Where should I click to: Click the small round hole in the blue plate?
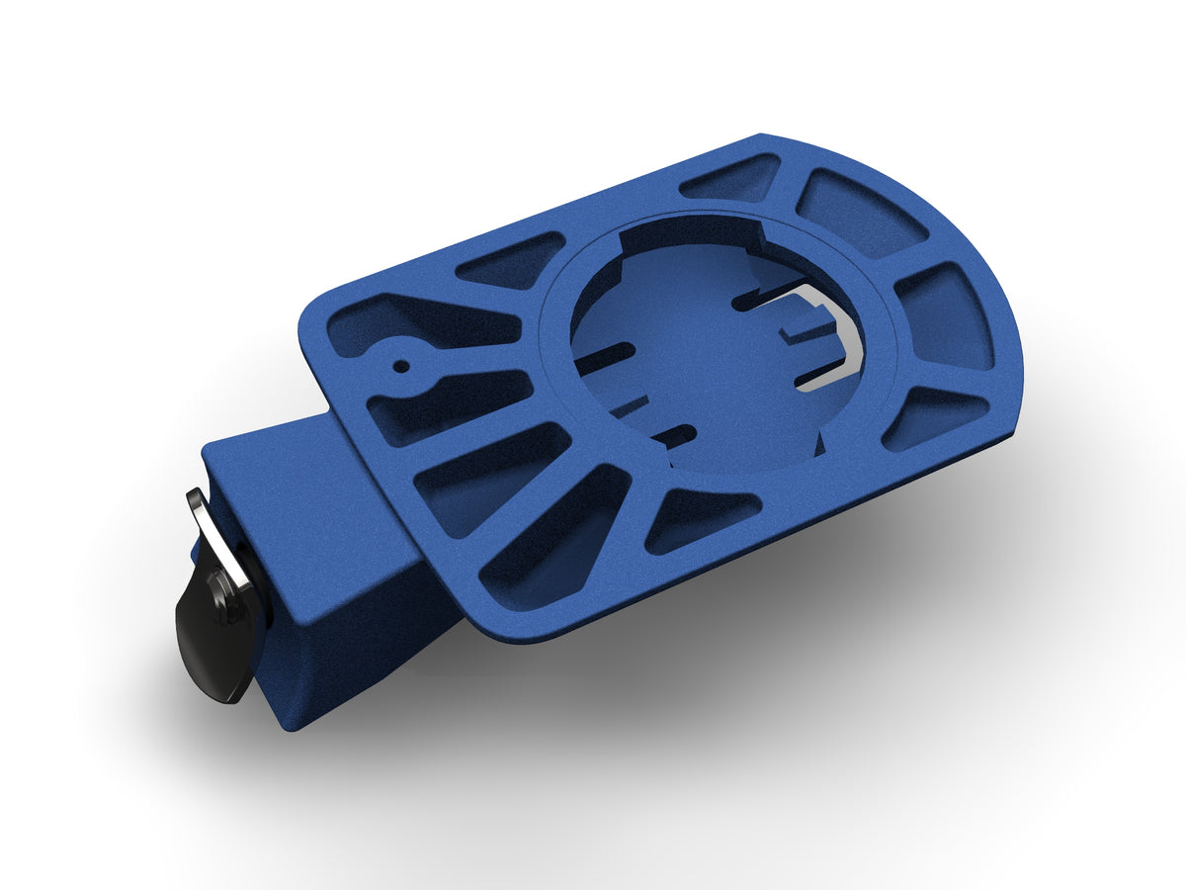(x=400, y=365)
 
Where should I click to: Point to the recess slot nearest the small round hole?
(x=603, y=357)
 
